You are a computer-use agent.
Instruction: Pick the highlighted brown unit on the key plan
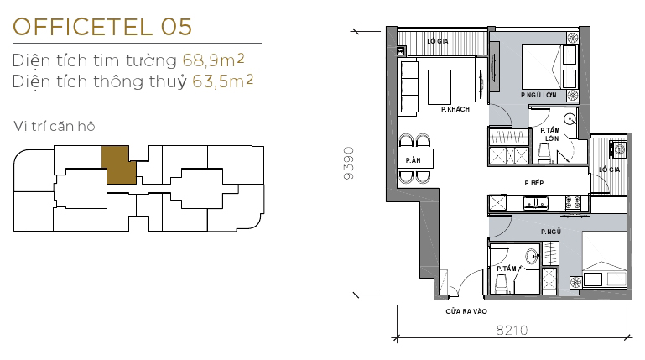[117, 164]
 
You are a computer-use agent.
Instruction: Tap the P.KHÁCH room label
[454, 109]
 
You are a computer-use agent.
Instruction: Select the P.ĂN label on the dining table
[413, 159]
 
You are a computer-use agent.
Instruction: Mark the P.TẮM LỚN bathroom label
[550, 134]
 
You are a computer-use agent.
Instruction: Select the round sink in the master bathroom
[570, 119]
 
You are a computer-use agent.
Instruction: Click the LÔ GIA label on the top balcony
[436, 41]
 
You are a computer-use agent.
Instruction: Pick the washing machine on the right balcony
[619, 149]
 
